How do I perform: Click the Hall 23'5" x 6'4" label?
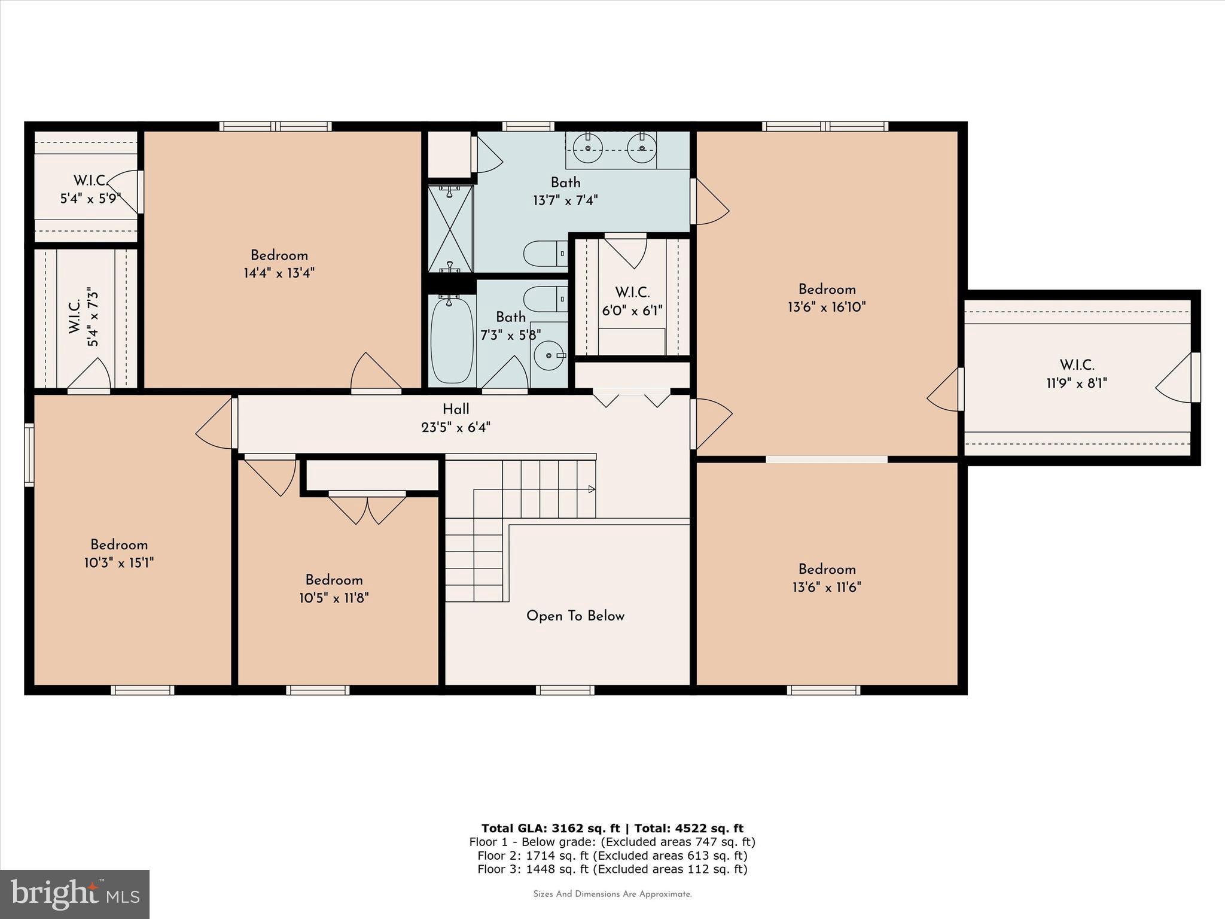coord(456,418)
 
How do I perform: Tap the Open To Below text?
coord(575,616)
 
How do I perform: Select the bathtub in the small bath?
coord(452,339)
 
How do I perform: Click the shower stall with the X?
coord(450,229)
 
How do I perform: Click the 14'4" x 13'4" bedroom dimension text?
coord(279,273)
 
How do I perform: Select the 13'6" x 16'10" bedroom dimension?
coord(827,308)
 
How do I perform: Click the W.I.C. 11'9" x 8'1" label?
coord(1076,374)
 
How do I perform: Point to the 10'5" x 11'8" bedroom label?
coord(334,589)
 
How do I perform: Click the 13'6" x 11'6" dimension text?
coord(827,588)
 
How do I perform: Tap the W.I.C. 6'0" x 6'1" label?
coord(632,301)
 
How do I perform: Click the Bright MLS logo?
coord(75,894)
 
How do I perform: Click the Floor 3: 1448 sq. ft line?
coord(612,869)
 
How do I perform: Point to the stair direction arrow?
coord(591,489)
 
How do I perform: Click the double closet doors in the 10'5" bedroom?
coord(367,508)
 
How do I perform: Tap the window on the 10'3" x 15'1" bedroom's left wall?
coord(29,454)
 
